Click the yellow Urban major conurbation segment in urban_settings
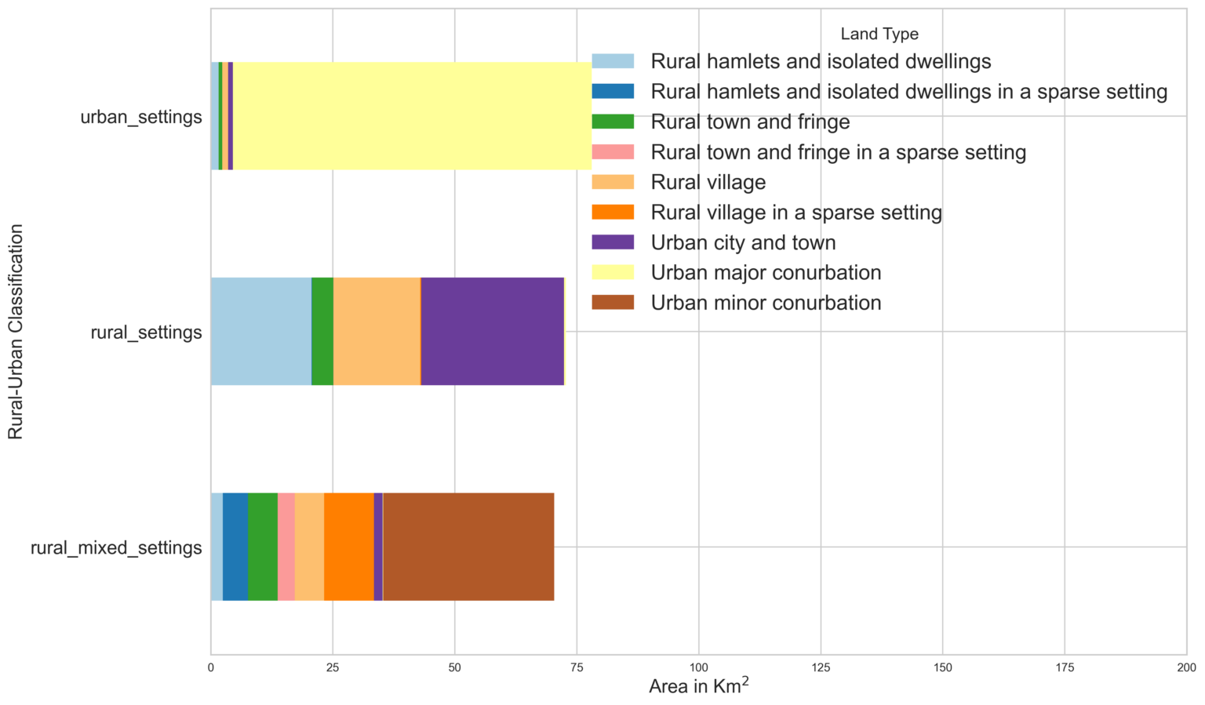[408, 116]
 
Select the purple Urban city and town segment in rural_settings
[492, 331]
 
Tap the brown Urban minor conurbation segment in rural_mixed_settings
[468, 547]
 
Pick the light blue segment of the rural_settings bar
[260, 331]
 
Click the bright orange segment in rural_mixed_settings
[348, 547]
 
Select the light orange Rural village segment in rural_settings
[377, 331]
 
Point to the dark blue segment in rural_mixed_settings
[235, 547]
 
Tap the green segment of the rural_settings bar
[322, 331]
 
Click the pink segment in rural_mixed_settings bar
[286, 547]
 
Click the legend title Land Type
[879, 34]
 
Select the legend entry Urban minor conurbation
[766, 303]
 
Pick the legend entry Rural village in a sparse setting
[795, 213]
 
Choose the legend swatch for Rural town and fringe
[612, 122]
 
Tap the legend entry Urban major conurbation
[766, 273]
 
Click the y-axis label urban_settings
[141, 117]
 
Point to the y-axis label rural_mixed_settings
[116, 547]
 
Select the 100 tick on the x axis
[698, 667]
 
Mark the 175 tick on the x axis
[1065, 667]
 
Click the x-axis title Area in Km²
[698, 686]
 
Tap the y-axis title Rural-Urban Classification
[16, 332]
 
